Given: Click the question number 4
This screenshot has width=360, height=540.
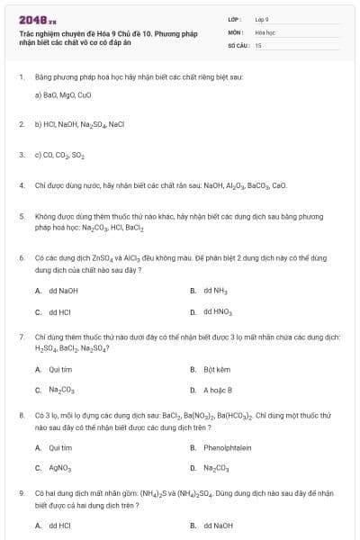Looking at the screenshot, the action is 21,185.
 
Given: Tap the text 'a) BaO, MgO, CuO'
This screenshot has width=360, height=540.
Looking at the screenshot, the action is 63,94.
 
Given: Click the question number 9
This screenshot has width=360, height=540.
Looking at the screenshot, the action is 21,494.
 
